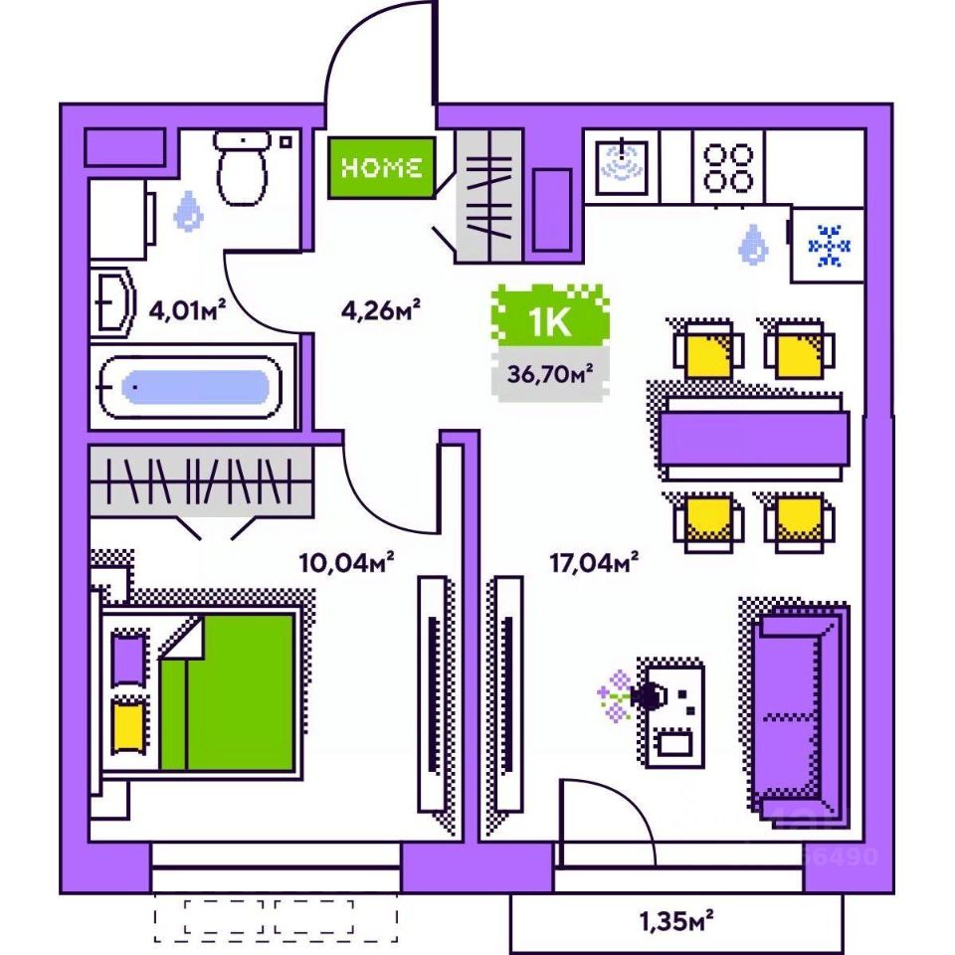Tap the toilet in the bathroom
click(242, 167)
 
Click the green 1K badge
click(550, 321)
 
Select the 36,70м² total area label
click(550, 375)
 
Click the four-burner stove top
click(729, 166)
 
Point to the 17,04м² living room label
click(593, 564)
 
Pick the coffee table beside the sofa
click(673, 714)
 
